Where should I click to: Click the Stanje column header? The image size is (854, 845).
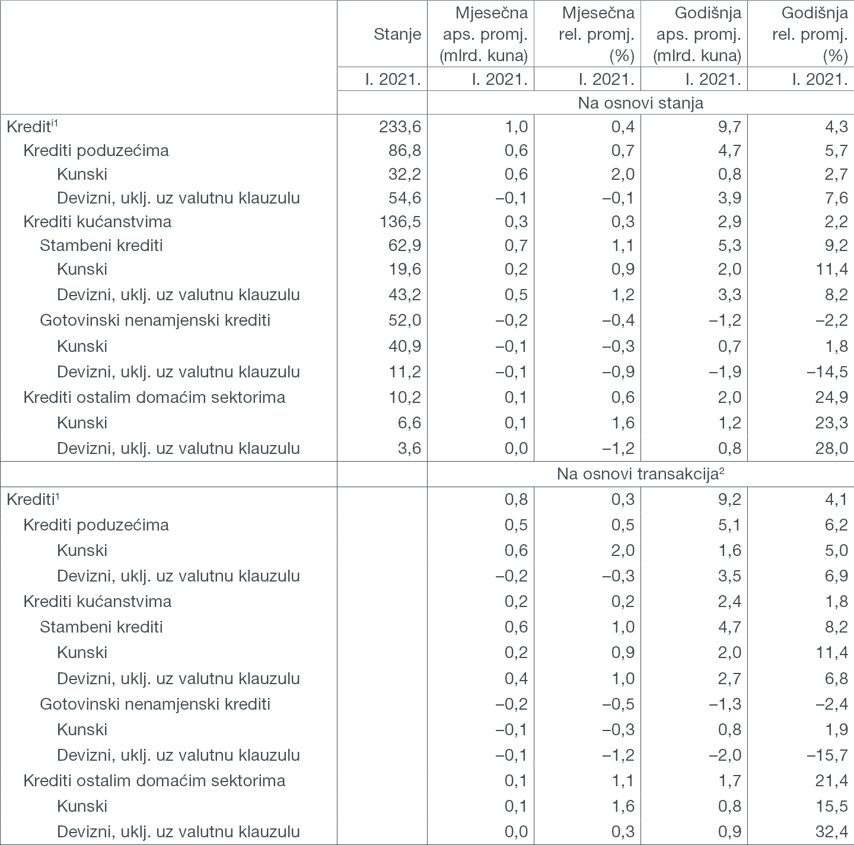click(x=397, y=34)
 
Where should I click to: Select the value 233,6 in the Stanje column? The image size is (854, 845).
click(x=400, y=126)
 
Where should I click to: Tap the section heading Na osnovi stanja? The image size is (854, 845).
click(x=640, y=103)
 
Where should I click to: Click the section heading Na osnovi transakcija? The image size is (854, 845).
click(x=640, y=474)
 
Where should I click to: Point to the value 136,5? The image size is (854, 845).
click(x=400, y=221)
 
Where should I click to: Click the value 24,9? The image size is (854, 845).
click(x=831, y=397)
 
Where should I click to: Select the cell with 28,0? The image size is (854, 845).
click(x=831, y=448)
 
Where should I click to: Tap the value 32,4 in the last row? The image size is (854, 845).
click(x=831, y=831)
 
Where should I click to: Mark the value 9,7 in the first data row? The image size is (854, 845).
click(x=728, y=126)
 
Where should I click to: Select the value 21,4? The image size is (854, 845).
click(x=831, y=780)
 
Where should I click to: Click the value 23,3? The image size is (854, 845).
click(x=831, y=422)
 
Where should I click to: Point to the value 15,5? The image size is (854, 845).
click(x=831, y=806)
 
